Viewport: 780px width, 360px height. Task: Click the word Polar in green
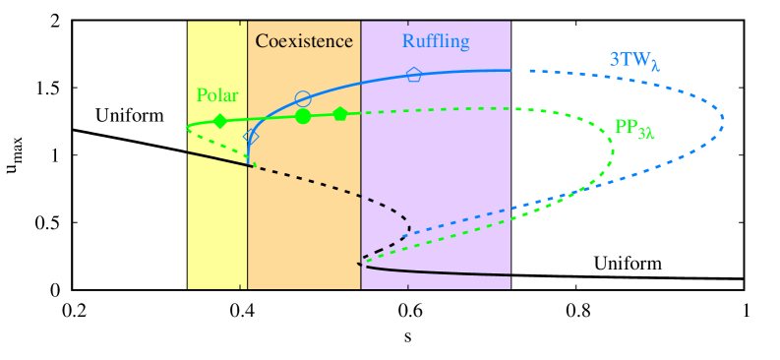tap(217, 95)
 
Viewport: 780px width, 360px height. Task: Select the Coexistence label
tap(304, 41)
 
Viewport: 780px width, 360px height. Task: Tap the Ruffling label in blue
tap(436, 41)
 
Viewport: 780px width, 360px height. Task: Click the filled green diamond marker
tap(220, 121)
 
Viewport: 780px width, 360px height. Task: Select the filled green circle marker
tap(303, 116)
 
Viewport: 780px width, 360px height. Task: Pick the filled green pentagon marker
tap(340, 114)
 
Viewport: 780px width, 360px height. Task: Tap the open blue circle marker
tap(303, 98)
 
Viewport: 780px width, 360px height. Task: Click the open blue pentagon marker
tap(414, 74)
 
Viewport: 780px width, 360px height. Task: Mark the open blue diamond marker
tap(251, 138)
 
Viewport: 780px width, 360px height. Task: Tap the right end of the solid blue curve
tap(510, 70)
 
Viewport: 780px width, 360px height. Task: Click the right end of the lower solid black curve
tap(510, 275)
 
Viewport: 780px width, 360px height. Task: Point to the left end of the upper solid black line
tap(188, 152)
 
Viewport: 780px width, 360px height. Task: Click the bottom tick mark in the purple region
tap(407, 286)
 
